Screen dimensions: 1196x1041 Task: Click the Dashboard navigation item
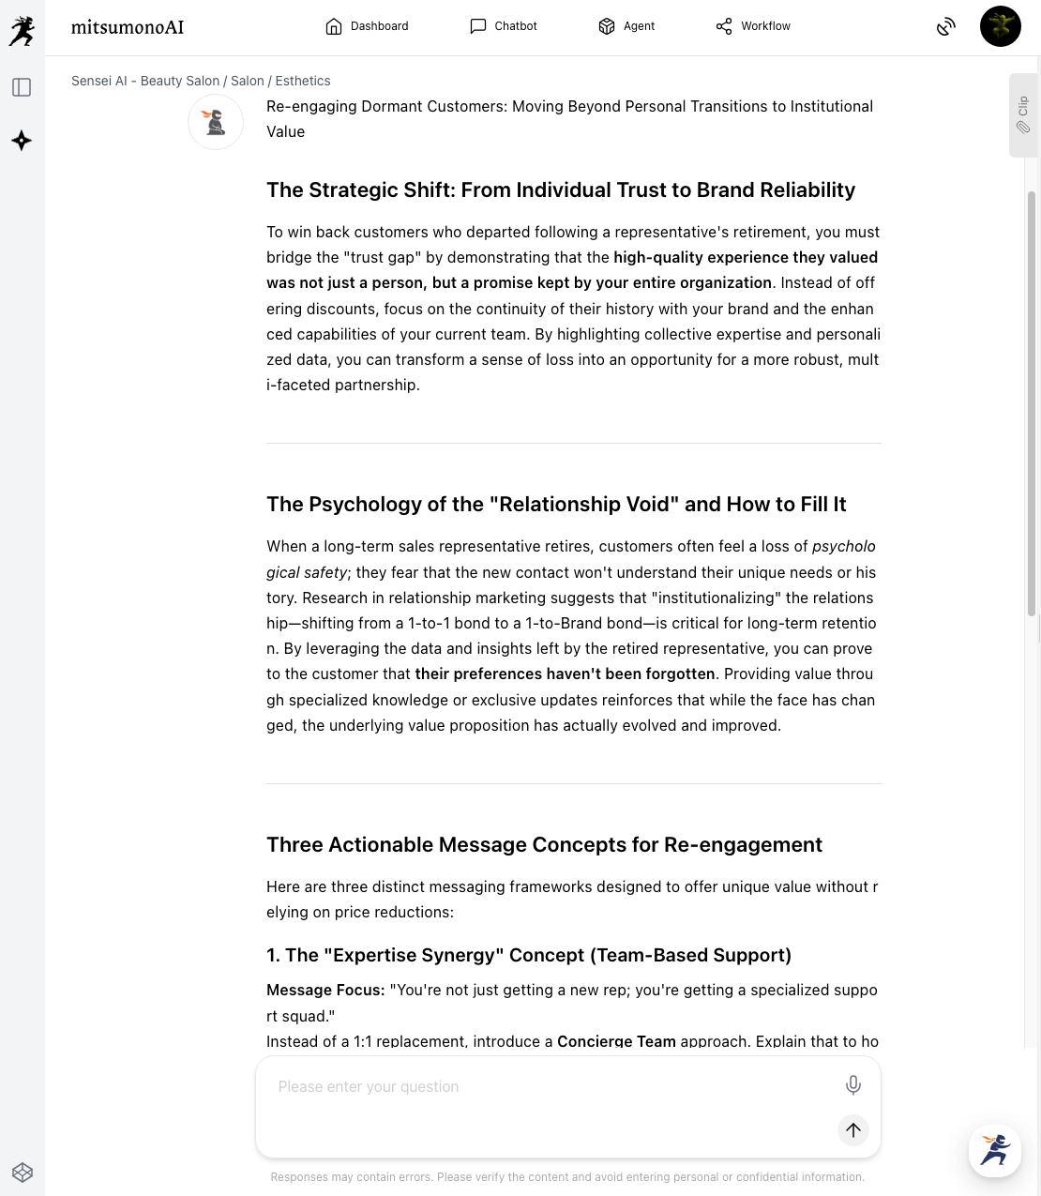point(367,26)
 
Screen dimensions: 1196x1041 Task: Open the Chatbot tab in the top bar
point(504,26)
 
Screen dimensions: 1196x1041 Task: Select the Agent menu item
point(626,26)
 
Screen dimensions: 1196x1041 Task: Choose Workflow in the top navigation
point(753,26)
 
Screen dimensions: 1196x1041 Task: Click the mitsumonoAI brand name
point(128,27)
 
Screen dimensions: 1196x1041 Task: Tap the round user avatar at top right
point(1000,26)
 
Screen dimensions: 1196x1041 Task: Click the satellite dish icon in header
point(946,27)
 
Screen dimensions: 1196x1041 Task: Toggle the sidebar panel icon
point(22,87)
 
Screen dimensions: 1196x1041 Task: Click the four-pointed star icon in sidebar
point(22,141)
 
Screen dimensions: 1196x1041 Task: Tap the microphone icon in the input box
point(853,1085)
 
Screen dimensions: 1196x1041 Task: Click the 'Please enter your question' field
point(544,1087)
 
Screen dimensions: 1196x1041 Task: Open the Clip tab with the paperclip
point(1023,115)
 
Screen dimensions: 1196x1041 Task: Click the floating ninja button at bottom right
point(995,1150)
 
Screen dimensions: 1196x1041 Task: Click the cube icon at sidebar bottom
point(23,1172)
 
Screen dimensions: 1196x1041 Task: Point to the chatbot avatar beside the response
point(216,122)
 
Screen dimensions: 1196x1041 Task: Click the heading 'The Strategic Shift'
point(561,190)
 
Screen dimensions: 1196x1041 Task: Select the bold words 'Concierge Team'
point(616,1041)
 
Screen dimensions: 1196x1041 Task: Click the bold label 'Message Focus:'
point(325,991)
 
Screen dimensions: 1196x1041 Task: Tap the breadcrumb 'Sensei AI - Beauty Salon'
point(145,81)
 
